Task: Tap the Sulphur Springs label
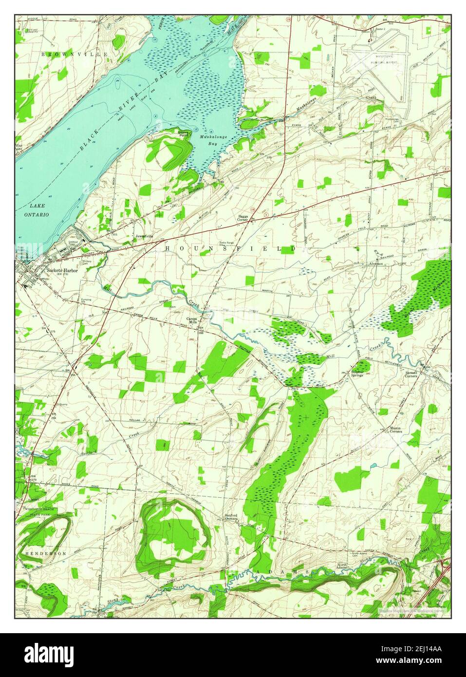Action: [360, 374]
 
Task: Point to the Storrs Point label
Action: [184, 134]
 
